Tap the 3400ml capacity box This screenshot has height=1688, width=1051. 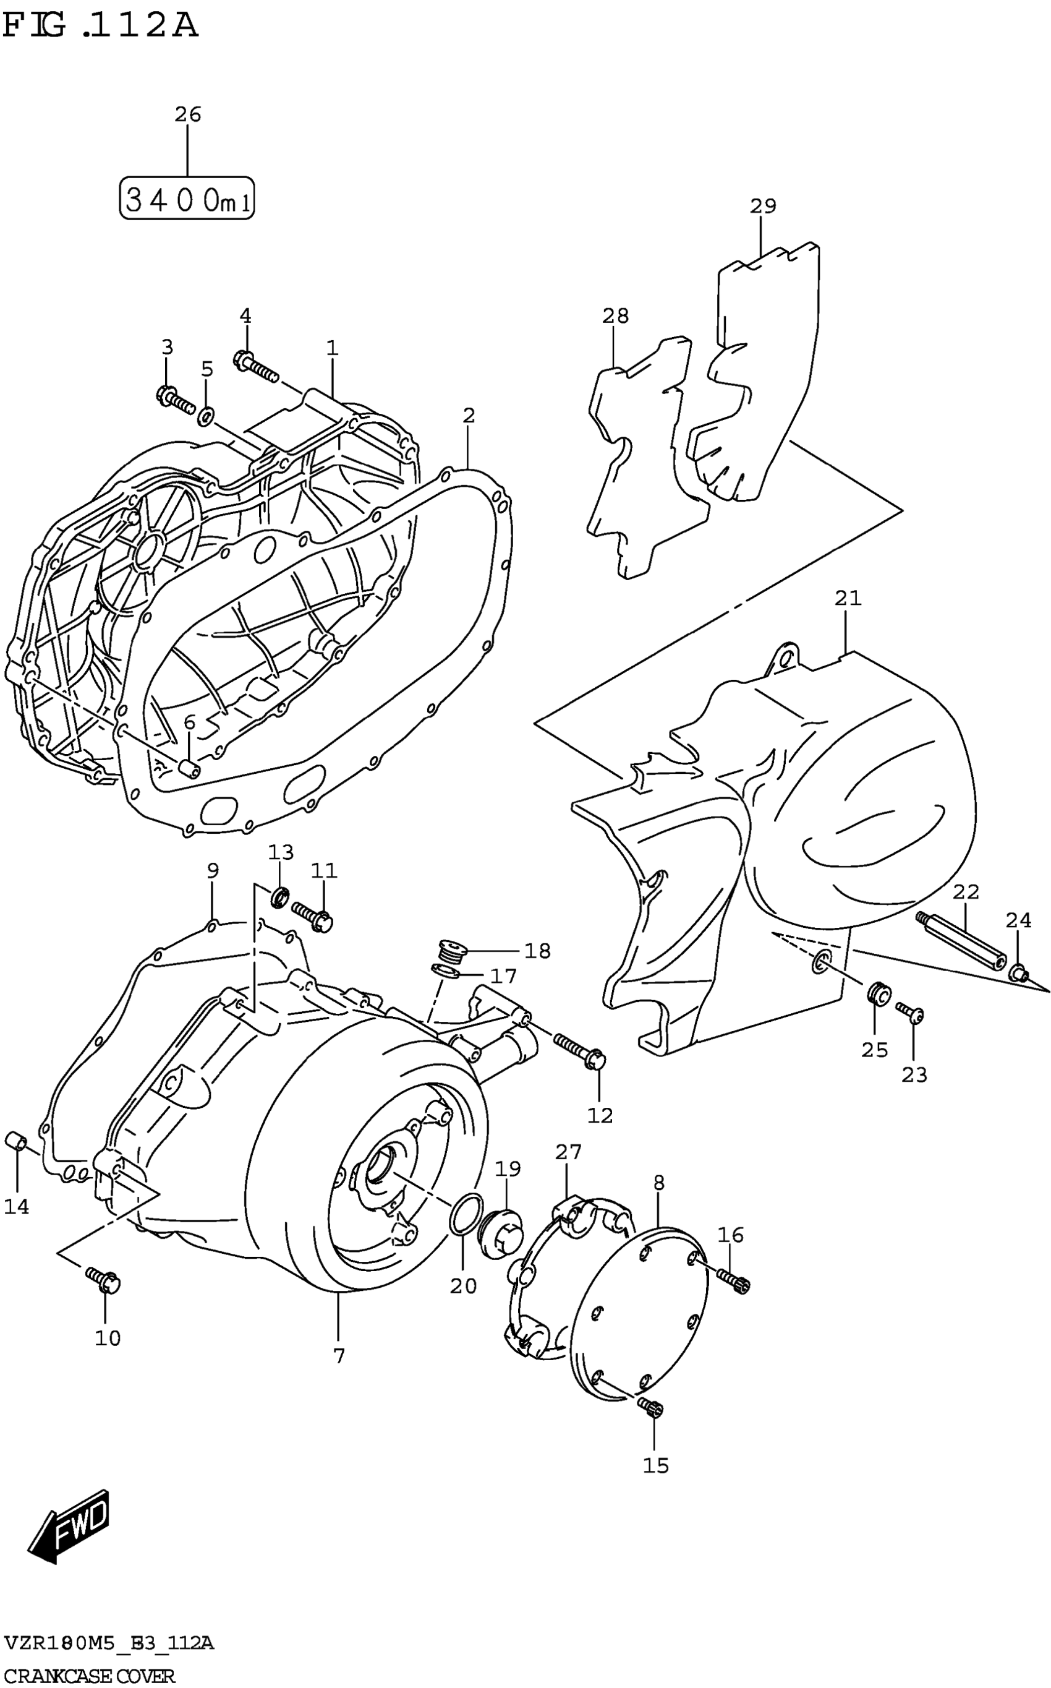tap(187, 198)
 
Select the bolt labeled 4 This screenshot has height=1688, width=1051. tap(257, 367)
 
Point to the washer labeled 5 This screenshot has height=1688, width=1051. tap(206, 416)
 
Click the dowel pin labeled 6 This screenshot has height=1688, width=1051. tap(190, 768)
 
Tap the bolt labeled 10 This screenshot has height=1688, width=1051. tap(104, 1279)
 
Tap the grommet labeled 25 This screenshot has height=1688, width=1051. tap(879, 994)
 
